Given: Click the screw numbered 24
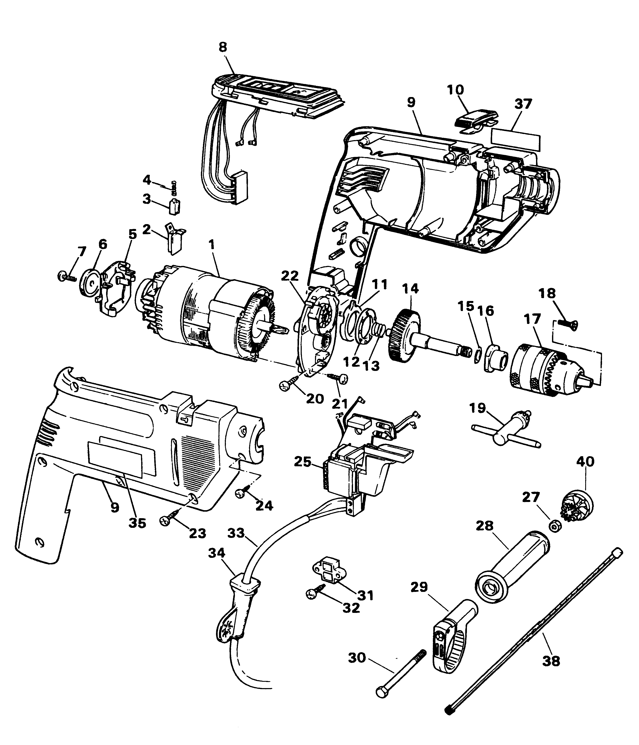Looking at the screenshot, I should point(243,493).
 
